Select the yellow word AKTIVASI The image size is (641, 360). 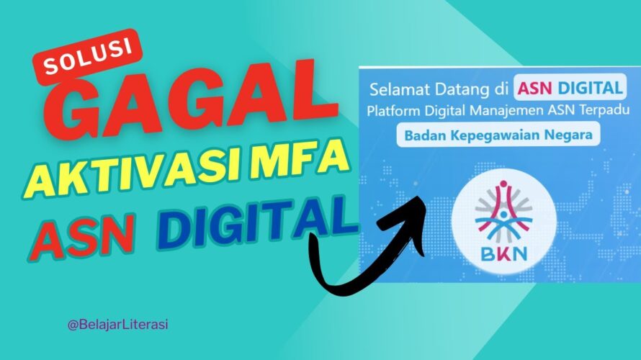(134, 173)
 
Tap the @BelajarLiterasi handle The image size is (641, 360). (117, 325)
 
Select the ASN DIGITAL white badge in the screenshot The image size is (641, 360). (570, 87)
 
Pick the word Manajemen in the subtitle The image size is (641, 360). (506, 111)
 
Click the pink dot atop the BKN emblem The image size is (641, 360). (503, 184)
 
